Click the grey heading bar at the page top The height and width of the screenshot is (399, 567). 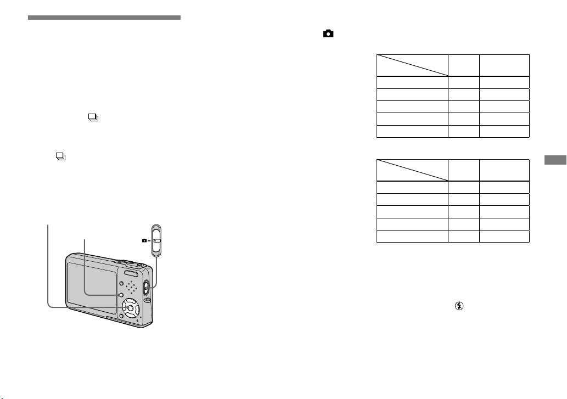pos(104,18)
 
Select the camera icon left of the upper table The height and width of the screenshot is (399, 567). pos(328,33)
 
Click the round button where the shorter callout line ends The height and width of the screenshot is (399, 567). pos(121,296)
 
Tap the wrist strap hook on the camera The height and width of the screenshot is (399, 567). pos(147,300)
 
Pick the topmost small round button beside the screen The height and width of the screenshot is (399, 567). pos(121,283)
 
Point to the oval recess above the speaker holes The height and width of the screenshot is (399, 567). pos(131,274)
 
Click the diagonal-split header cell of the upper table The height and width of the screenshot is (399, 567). pos(412,65)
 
